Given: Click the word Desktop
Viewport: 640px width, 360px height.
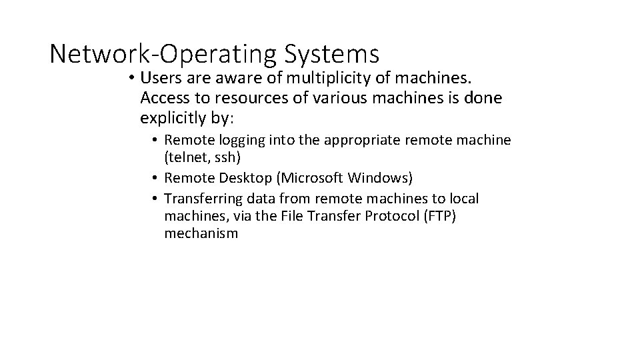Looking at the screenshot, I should click(243, 177).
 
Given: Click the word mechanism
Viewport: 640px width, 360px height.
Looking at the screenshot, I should click(201, 233).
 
